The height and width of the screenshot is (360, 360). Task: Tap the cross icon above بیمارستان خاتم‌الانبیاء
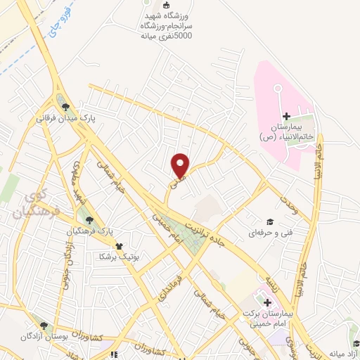pos(286,116)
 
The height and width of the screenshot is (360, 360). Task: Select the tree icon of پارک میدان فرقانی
pos(65,107)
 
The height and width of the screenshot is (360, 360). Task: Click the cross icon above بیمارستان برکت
pos(268,302)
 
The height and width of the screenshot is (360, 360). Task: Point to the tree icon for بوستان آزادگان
pos(44,326)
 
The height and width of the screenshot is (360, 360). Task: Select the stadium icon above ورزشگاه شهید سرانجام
pos(166,6)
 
